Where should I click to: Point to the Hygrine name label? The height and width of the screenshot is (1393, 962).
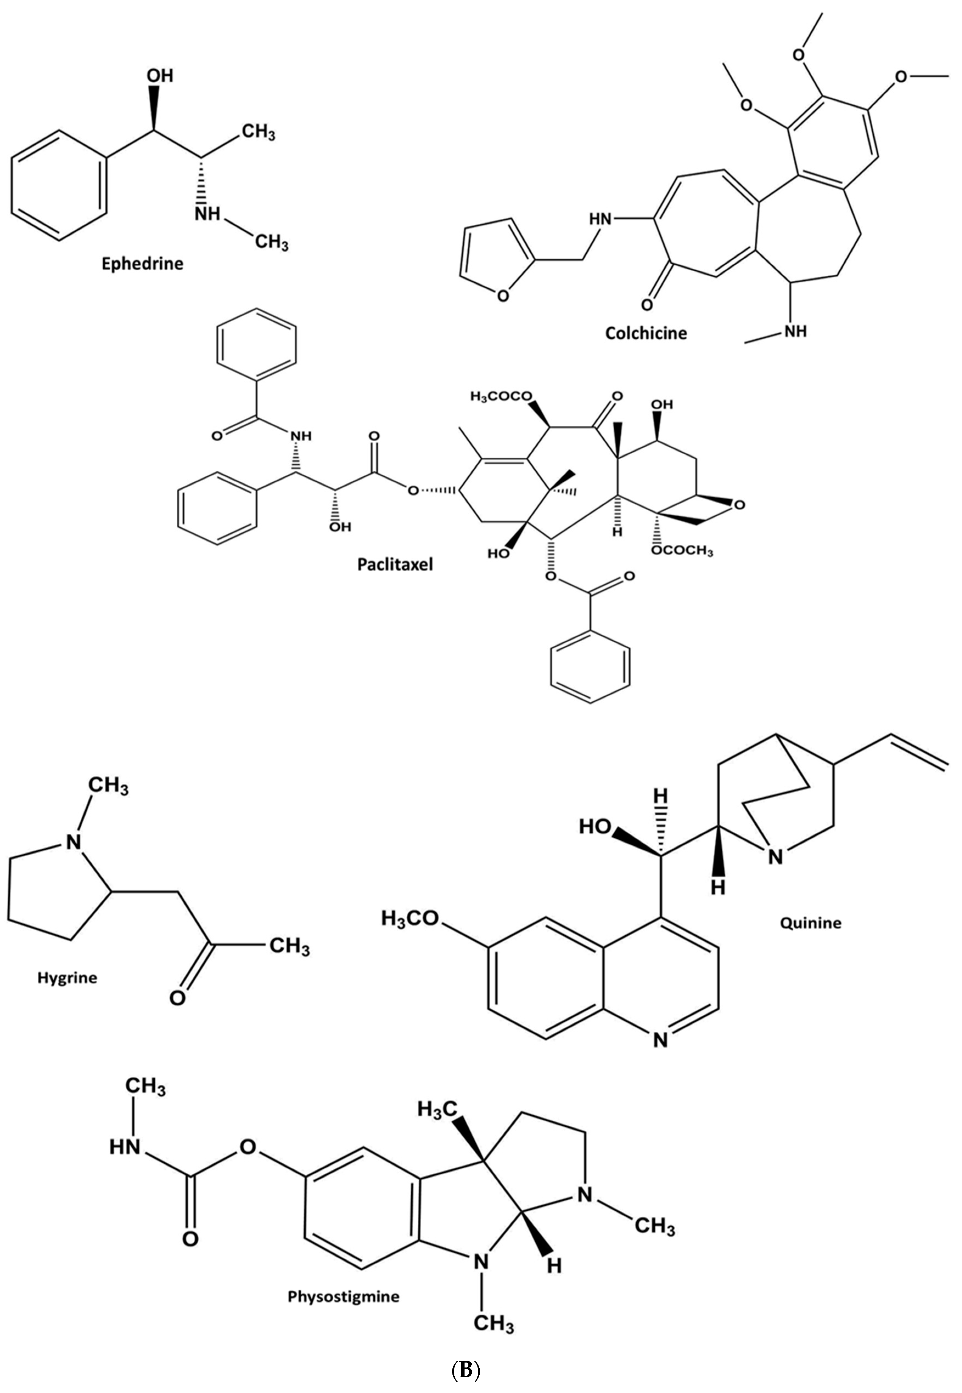coord(67,978)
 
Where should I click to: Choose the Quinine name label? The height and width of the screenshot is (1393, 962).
coord(811,922)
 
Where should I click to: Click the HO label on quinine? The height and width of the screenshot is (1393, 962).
coord(595,826)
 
